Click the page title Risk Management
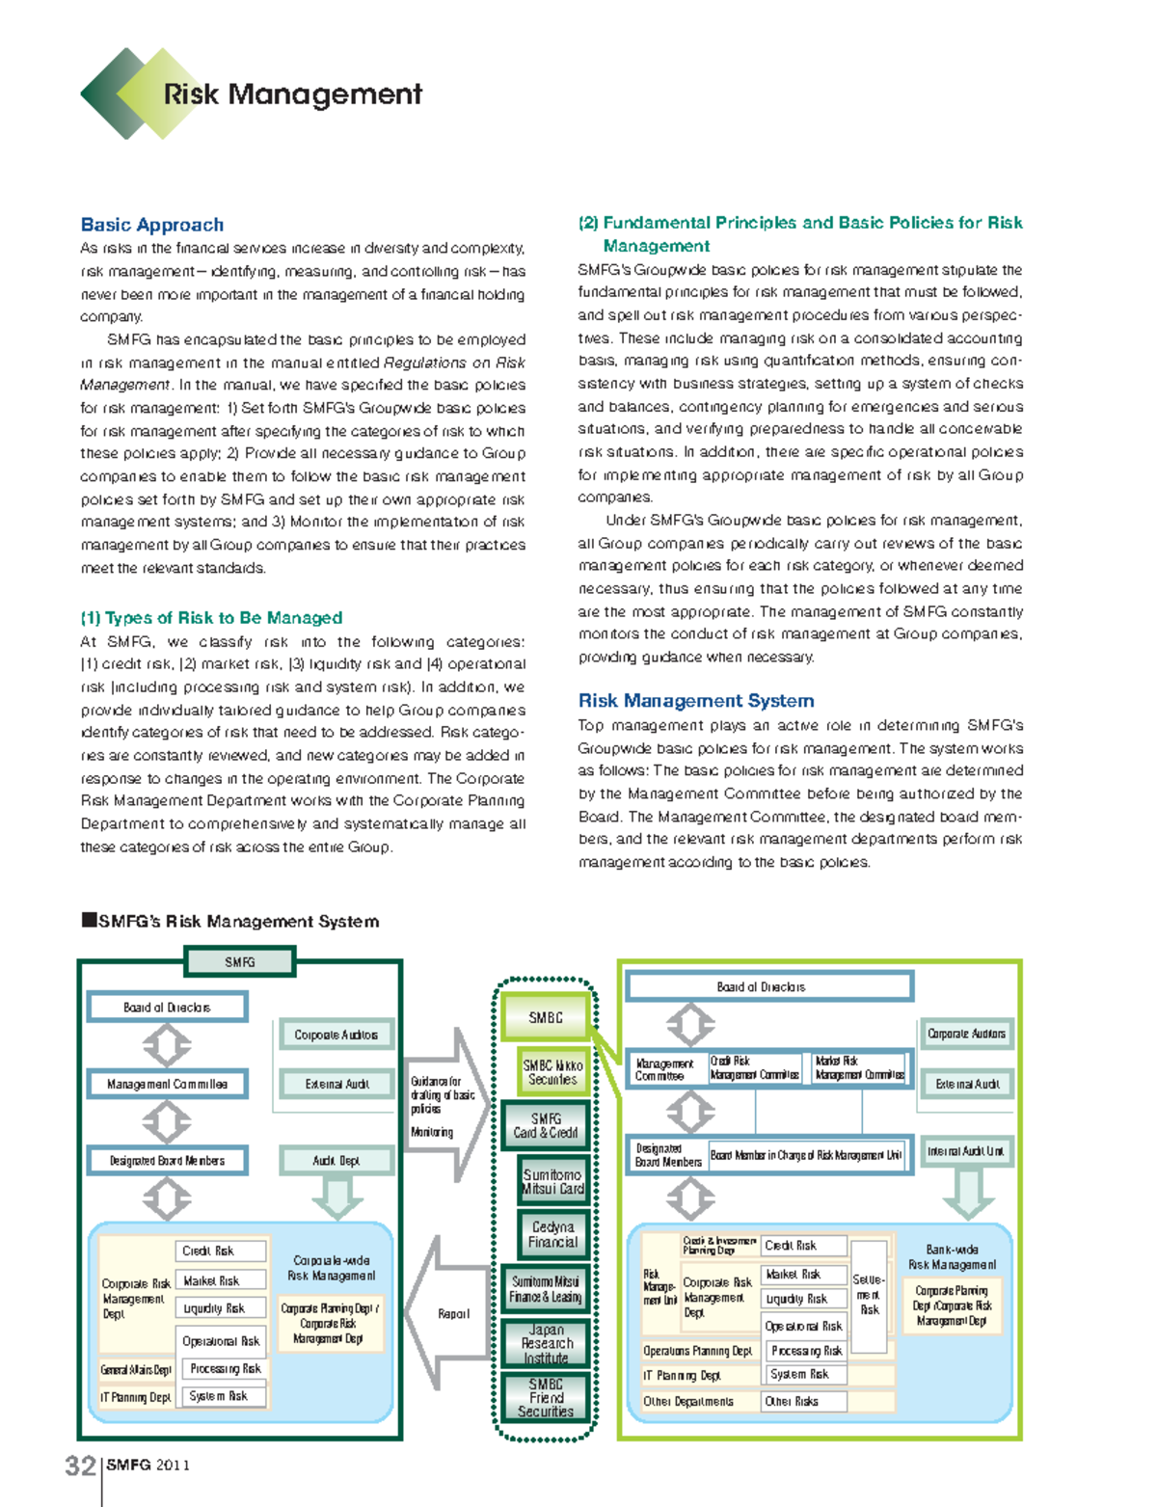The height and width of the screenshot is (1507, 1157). pyautogui.click(x=292, y=94)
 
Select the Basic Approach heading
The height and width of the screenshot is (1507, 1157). pyautogui.click(x=152, y=225)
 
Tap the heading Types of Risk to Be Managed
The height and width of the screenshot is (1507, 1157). pyautogui.click(x=212, y=618)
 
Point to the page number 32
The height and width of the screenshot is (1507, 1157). pyautogui.click(x=79, y=1466)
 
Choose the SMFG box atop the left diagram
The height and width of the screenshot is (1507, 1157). pyautogui.click(x=240, y=961)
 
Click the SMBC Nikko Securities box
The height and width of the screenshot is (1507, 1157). pyautogui.click(x=552, y=1072)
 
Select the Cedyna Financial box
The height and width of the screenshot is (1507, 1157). pyautogui.click(x=552, y=1234)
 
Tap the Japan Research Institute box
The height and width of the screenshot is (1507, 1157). pyautogui.click(x=547, y=1343)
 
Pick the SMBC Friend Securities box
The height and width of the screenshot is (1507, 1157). pyautogui.click(x=546, y=1397)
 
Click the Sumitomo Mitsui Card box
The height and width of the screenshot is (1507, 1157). pyautogui.click(x=552, y=1181)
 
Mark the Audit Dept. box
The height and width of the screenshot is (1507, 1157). pyautogui.click(x=336, y=1161)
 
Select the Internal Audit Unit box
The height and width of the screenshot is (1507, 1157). pyautogui.click(x=966, y=1151)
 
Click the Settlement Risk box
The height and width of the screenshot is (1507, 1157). pyautogui.click(x=869, y=1295)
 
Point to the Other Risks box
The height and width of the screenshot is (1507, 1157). pyautogui.click(x=804, y=1401)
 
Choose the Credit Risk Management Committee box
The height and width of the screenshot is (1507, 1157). pyautogui.click(x=755, y=1067)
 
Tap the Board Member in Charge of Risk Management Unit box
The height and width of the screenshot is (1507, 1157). pyautogui.click(x=806, y=1155)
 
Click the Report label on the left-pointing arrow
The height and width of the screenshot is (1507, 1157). pyautogui.click(x=453, y=1313)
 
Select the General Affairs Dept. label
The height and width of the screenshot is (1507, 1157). pyautogui.click(x=136, y=1369)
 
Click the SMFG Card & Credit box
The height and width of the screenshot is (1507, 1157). pyautogui.click(x=546, y=1125)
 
